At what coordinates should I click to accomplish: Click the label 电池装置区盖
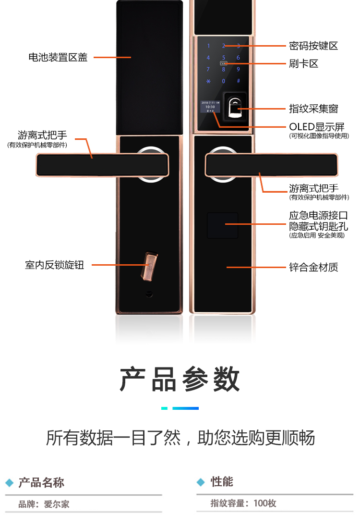point(58,58)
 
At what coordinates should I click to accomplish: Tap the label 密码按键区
point(313,46)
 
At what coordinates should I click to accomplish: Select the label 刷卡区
point(304,64)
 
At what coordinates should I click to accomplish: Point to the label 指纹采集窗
point(313,109)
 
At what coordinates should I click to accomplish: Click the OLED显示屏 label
point(316,127)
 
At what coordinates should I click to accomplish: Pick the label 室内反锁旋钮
point(54,265)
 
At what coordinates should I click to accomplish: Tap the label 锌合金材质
point(313,267)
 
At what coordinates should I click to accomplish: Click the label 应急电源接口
point(318,216)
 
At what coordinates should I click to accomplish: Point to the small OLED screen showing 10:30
point(210,107)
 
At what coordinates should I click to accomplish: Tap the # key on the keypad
point(238,81)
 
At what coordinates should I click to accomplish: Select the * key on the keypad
point(208,81)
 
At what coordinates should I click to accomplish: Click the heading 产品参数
point(180,379)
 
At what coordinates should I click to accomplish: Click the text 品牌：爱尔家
point(44,504)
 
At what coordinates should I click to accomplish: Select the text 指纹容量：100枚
point(243,503)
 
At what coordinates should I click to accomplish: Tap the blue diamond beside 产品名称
point(9,483)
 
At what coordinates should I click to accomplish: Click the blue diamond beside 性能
point(201,482)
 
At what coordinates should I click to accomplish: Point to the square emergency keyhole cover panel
point(222,225)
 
